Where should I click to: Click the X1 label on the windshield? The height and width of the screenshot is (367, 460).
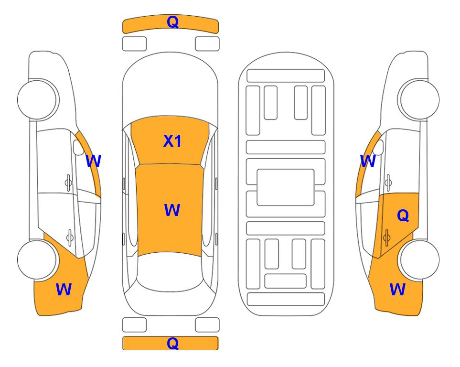click(x=172, y=141)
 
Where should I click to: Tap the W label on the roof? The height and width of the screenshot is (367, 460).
click(x=172, y=210)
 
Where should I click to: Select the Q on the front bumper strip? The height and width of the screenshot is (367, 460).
click(x=172, y=22)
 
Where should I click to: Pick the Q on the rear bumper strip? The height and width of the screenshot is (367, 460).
click(x=172, y=343)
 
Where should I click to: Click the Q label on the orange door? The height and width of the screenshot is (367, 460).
click(x=403, y=216)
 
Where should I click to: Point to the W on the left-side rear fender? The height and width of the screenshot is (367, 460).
click(x=64, y=290)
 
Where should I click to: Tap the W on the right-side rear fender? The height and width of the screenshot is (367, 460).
click(x=397, y=290)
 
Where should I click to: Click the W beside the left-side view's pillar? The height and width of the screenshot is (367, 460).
click(x=93, y=161)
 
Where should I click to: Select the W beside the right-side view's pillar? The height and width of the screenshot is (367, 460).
click(x=368, y=161)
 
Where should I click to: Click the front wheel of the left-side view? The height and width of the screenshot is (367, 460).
click(x=37, y=99)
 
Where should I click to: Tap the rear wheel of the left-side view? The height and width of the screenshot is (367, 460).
click(x=37, y=260)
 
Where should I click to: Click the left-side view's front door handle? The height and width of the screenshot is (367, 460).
click(x=68, y=183)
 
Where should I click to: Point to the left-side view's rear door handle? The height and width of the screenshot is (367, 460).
click(x=70, y=237)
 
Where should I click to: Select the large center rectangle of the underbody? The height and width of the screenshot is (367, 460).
click(x=286, y=187)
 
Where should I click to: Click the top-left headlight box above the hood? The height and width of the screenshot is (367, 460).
click(x=134, y=44)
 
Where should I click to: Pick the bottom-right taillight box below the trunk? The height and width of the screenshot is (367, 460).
click(x=207, y=325)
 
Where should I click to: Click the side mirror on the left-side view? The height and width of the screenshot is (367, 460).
click(x=78, y=147)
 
